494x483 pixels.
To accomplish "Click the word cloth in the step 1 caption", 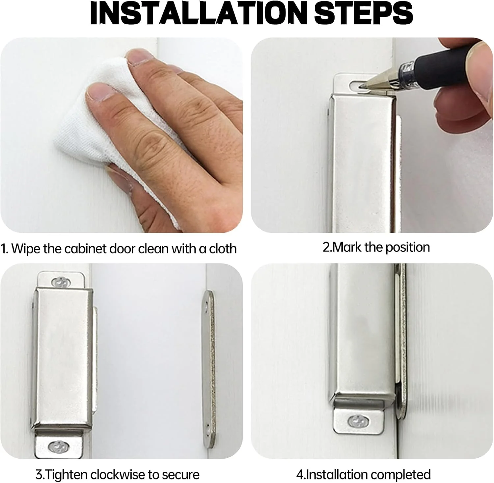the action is coord(223,248).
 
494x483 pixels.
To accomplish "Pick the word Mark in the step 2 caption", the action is coord(347,247).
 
